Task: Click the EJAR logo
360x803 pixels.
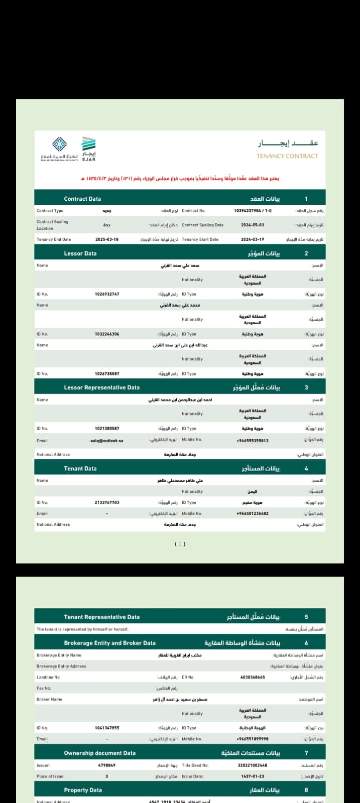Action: click(88, 149)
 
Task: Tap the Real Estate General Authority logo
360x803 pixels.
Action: click(60, 149)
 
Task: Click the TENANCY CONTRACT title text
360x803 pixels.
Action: click(287, 156)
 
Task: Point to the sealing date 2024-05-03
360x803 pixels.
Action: click(252, 225)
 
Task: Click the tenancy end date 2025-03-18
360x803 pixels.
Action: click(107, 239)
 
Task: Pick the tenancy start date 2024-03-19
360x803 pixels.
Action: click(252, 239)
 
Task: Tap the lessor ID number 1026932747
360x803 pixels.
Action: click(107, 294)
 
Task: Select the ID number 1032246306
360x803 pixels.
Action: click(107, 334)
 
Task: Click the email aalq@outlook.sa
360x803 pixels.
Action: click(107, 441)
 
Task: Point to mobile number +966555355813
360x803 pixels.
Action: click(252, 441)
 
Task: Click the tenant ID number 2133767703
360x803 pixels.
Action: click(107, 502)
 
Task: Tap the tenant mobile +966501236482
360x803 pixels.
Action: click(252, 513)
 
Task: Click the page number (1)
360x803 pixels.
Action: click(180, 544)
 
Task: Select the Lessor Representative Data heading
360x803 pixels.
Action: click(102, 387)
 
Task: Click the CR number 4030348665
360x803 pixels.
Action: click(252, 677)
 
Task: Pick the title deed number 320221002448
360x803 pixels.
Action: click(252, 765)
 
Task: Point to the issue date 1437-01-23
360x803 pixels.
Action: click(252, 776)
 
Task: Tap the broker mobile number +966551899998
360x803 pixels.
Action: click(252, 739)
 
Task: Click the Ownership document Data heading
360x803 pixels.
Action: click(100, 753)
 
